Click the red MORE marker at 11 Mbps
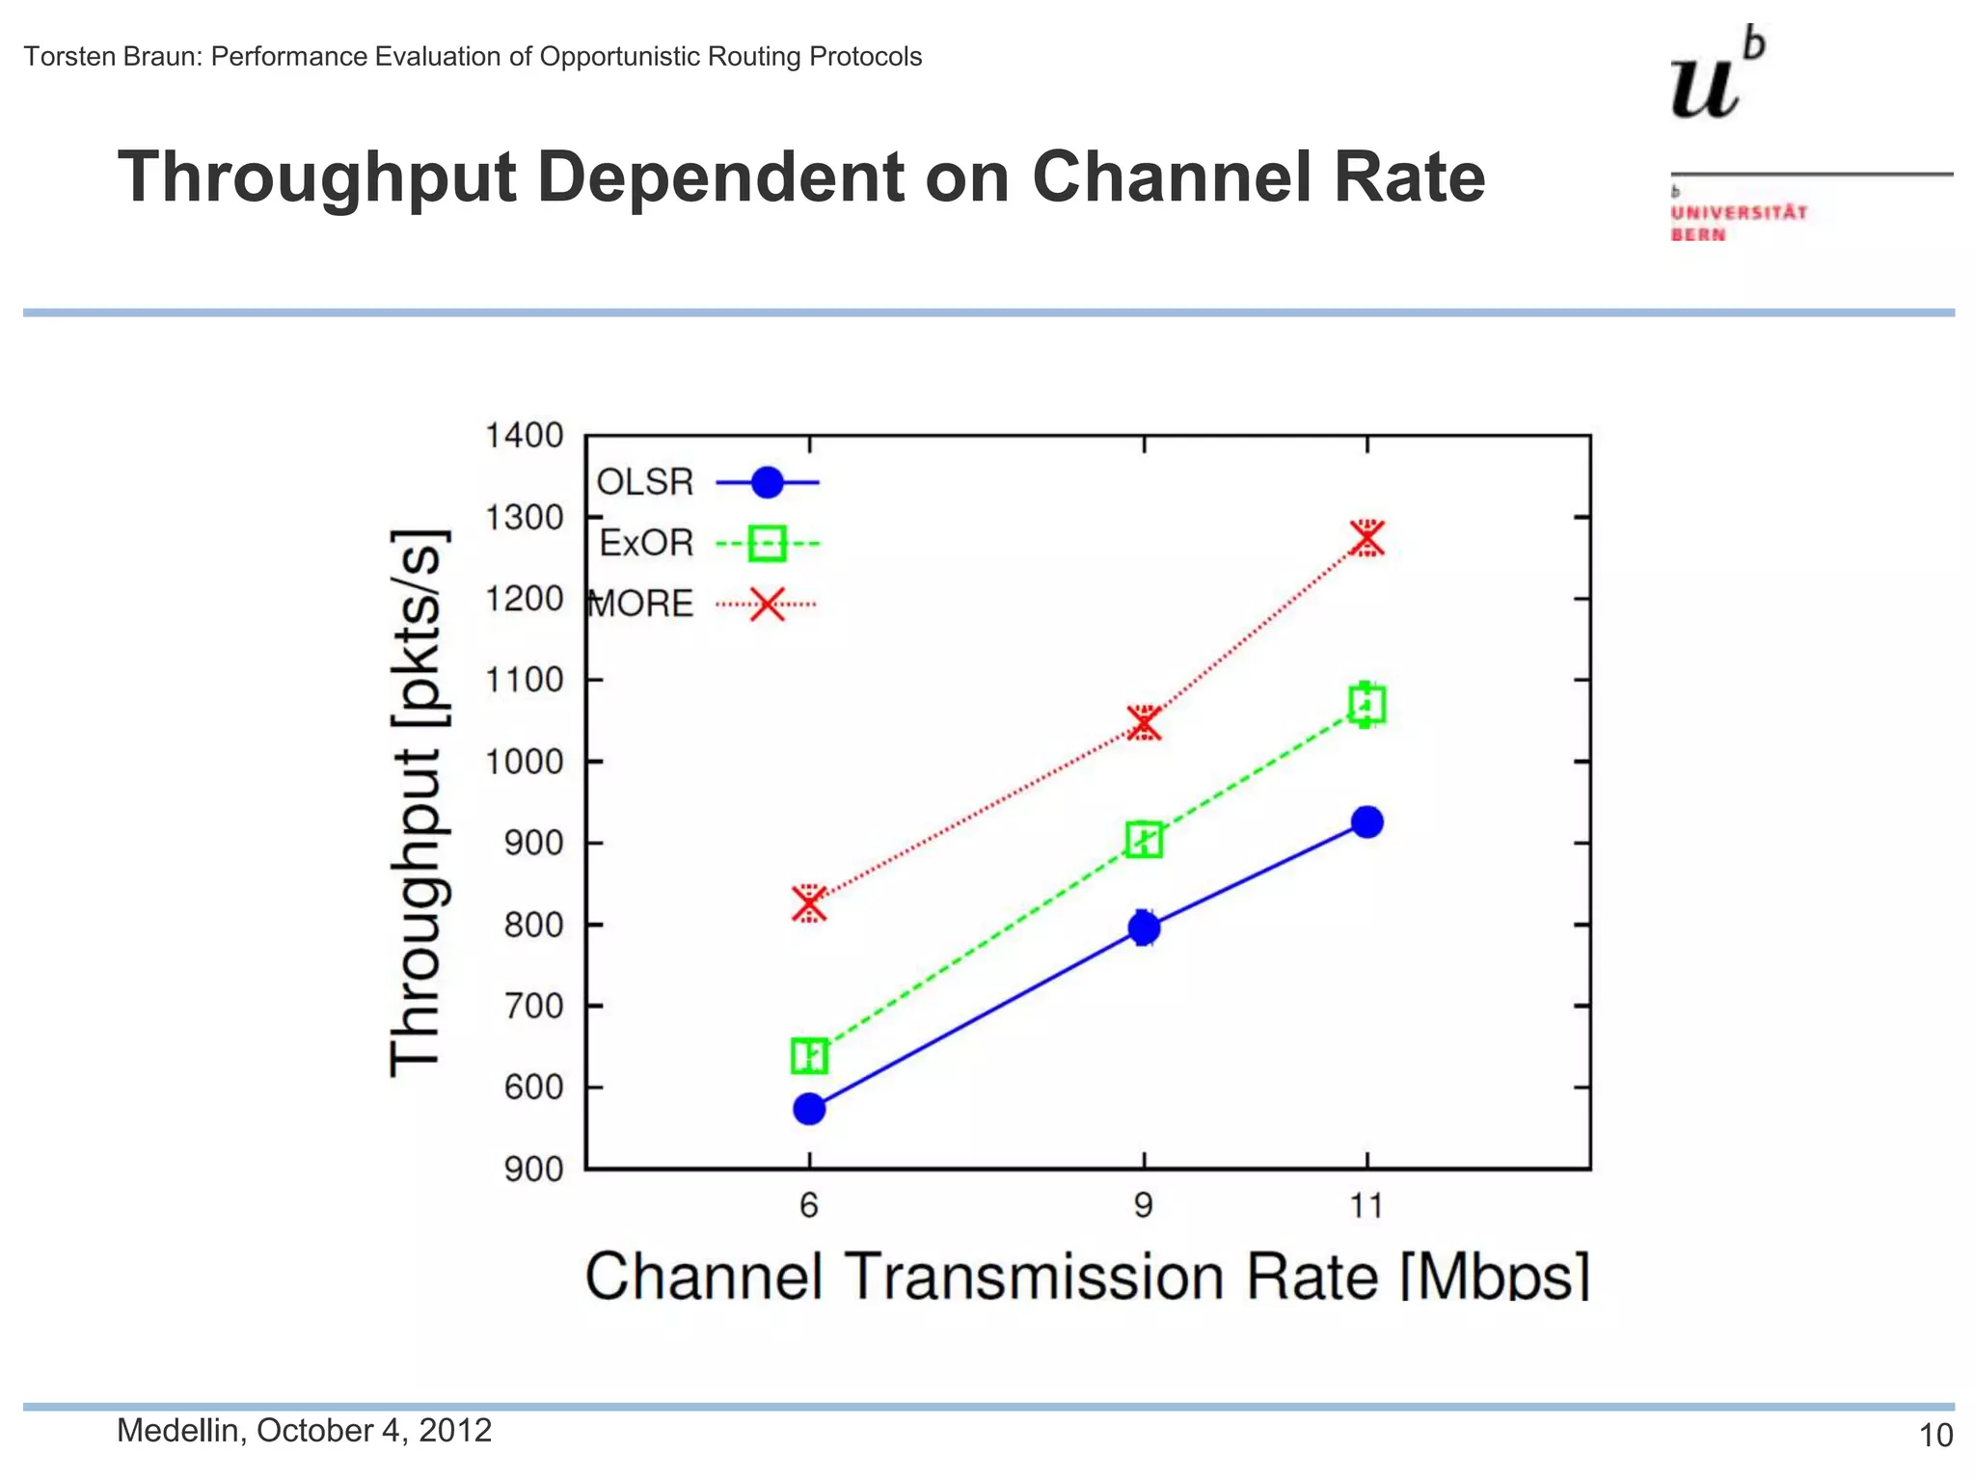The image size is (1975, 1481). pos(1366,538)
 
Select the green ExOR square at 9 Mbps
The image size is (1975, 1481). pos(1144,840)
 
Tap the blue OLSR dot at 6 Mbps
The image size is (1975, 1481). pos(809,1109)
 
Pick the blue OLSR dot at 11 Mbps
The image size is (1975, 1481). pos(1366,821)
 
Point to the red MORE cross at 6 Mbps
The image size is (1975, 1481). pos(809,903)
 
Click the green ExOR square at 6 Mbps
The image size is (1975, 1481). pos(809,1056)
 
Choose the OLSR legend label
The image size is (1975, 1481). pos(645,482)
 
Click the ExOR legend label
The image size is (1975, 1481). pos(646,544)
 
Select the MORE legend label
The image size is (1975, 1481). pos(641,605)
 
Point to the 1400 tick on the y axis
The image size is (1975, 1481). pos(524,436)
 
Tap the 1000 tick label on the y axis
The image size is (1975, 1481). pos(524,762)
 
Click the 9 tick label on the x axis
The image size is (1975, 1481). pos(1144,1205)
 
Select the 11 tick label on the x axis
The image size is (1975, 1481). pos(1366,1205)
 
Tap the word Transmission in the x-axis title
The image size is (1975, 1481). pos(1035,1277)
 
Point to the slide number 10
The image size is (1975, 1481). pos(1935,1436)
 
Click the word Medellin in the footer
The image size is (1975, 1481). pos(177,1430)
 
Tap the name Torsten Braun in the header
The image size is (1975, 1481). pos(112,57)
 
